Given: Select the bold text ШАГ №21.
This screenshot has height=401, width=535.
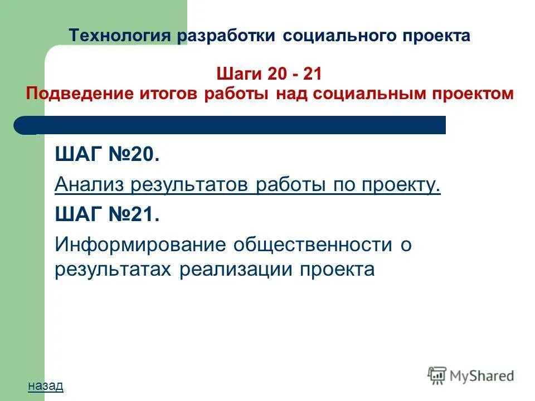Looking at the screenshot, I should pyautogui.click(x=107, y=215).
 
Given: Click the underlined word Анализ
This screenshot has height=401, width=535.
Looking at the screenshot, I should pyautogui.click(x=89, y=185).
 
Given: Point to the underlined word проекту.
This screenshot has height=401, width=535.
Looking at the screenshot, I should pyautogui.click(x=401, y=185).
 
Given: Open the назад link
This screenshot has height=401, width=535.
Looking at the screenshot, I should pyautogui.click(x=45, y=385).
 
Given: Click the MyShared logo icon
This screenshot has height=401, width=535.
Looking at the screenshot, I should pyautogui.click(x=438, y=375).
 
